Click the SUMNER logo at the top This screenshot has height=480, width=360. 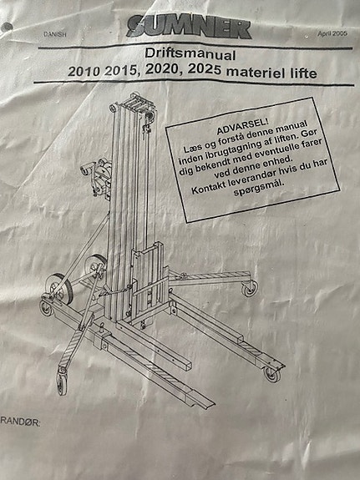click(189, 28)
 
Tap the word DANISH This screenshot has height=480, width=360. click(55, 34)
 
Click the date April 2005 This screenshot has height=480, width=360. click(332, 33)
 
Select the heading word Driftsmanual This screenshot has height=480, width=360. click(190, 54)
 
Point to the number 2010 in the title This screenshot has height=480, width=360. click(84, 72)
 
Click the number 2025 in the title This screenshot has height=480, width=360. click(204, 70)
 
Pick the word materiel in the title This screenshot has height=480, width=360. click(256, 73)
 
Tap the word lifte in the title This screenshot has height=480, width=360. click(303, 73)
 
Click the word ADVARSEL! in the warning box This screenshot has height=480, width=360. click(242, 127)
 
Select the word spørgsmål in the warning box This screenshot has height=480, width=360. click(259, 188)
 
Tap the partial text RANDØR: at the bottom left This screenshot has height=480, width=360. click(20, 422)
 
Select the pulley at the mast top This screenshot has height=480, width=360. click(149, 115)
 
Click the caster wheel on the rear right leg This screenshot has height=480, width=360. click(250, 288)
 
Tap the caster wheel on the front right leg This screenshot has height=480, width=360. click(272, 374)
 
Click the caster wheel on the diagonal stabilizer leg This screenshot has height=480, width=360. click(62, 383)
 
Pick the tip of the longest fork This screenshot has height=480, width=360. click(212, 403)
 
